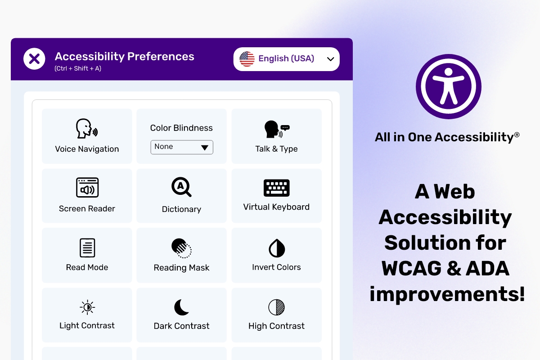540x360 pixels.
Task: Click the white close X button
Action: tap(34, 58)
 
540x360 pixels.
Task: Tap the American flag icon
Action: tap(247, 59)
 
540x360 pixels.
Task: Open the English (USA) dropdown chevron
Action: tap(330, 59)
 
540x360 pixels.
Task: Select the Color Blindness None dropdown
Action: tap(182, 147)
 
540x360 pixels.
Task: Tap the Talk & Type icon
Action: tap(277, 129)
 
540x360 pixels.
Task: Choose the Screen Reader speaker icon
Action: tap(87, 188)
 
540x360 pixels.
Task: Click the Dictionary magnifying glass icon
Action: tap(181, 187)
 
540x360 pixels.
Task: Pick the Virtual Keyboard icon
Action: tap(276, 188)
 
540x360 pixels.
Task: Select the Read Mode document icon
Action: tap(87, 248)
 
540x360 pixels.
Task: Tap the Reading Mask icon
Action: tap(181, 248)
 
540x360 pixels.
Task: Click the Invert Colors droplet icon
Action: tap(277, 248)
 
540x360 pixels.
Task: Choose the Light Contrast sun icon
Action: tap(87, 307)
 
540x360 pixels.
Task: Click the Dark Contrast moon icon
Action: tap(181, 307)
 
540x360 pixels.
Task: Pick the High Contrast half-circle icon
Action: tap(276, 307)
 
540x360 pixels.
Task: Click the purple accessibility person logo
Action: tap(448, 86)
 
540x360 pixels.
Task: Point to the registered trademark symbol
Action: tap(517, 135)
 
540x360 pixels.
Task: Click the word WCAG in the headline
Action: tap(411, 268)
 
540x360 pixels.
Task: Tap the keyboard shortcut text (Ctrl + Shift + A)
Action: tap(78, 68)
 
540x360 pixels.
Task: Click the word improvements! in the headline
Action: tap(447, 294)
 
